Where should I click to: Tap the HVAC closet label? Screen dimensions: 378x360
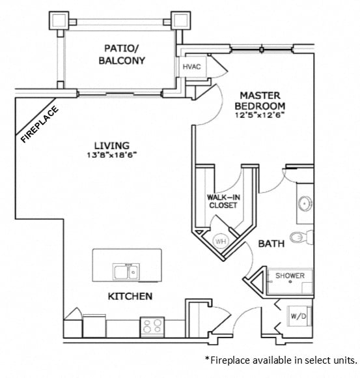click(191, 66)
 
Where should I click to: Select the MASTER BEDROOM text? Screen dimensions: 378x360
click(260, 100)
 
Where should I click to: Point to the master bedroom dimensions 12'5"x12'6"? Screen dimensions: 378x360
click(260, 114)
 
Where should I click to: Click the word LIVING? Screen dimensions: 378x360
click(111, 145)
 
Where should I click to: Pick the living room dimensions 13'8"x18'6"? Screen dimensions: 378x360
click(111, 154)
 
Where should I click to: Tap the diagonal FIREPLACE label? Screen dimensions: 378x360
click(40, 124)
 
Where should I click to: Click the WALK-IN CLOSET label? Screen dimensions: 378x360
click(223, 201)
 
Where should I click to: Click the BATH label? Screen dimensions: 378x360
click(270, 244)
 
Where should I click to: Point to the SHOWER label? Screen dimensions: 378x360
click(289, 276)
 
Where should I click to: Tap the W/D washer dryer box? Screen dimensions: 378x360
click(297, 317)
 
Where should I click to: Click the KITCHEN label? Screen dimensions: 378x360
click(130, 297)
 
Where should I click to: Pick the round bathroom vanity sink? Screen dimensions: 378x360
click(303, 204)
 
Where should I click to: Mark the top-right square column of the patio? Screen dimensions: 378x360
click(179, 21)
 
